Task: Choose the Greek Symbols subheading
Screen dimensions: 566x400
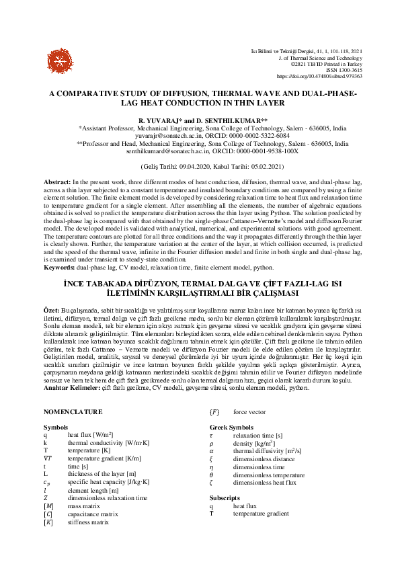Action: tap(232, 428)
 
